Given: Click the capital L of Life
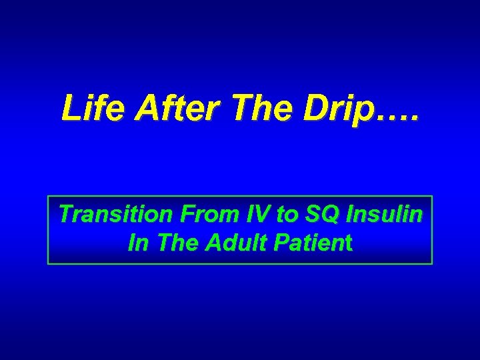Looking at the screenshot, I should (69, 108).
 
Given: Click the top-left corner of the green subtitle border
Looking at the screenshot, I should (48, 197).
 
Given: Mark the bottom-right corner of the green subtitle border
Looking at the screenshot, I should (432, 264).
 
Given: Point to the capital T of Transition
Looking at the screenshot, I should (65, 215).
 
